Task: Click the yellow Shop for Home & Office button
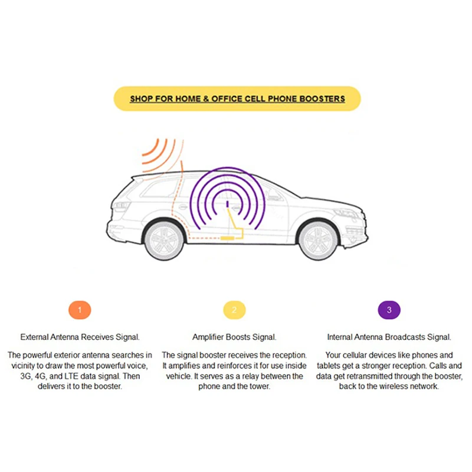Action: [x=237, y=99]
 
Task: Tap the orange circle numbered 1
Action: [x=80, y=309]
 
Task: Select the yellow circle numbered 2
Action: [x=234, y=309]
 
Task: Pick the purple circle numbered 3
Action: [x=389, y=309]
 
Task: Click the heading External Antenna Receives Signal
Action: [x=80, y=337]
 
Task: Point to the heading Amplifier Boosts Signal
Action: [x=234, y=337]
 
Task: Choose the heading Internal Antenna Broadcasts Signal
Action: [x=389, y=337]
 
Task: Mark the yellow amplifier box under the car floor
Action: [x=227, y=237]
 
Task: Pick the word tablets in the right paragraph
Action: [x=339, y=366]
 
